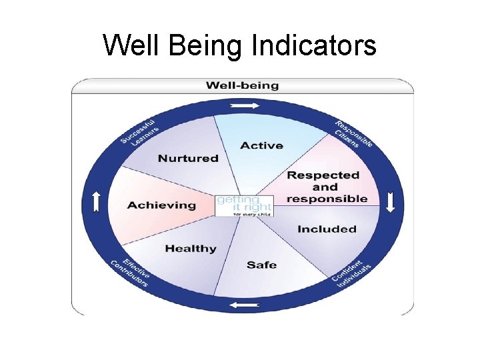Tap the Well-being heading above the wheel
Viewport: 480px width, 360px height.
coord(242,85)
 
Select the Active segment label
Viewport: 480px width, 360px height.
coord(261,145)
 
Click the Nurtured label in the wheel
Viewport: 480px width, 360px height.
coord(188,158)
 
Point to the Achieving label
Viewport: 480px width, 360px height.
coord(162,205)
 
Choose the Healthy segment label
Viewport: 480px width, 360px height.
coord(191,249)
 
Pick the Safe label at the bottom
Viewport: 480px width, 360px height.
coord(261,265)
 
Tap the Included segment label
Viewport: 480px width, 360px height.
coord(327,229)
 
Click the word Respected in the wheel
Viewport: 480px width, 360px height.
coord(323,175)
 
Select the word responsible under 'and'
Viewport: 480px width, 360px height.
coord(327,199)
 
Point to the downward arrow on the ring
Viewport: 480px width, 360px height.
coord(390,202)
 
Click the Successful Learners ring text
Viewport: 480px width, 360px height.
coord(139,132)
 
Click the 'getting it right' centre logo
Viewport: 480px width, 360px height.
coord(235,205)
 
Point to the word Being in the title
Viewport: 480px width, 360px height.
coord(207,45)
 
